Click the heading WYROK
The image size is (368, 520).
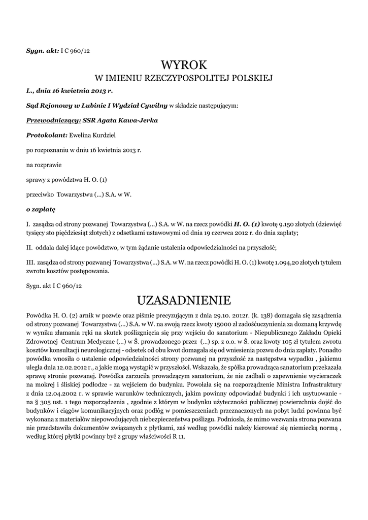point(184,65)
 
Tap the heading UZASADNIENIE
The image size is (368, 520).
point(184,299)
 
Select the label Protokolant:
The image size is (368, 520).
point(47,135)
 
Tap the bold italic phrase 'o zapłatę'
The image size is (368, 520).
point(41,209)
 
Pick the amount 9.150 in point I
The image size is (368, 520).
point(285,223)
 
